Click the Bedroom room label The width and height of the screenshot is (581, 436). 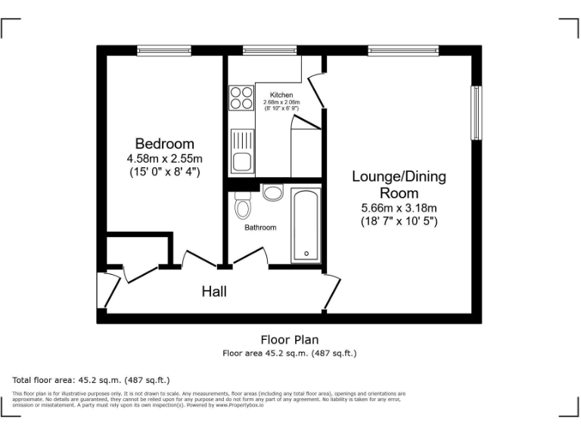pos(164,144)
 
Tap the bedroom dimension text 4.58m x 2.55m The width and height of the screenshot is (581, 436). pos(164,159)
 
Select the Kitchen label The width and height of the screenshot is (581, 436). pos(281,95)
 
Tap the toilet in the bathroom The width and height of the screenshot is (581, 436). pos(243,204)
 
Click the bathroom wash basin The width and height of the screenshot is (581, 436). pos(273,193)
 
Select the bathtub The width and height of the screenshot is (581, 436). pos(306,225)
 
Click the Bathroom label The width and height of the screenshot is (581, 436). pos(260,227)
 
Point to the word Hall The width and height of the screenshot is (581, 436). pos(213,291)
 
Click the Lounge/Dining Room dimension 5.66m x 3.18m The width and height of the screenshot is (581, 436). pos(399,208)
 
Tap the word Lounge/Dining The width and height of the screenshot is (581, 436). pos(399,177)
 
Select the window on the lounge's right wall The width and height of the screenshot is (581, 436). pos(477,113)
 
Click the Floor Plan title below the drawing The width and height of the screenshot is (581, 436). pos(290,340)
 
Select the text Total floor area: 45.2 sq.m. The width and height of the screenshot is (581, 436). pos(92,380)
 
